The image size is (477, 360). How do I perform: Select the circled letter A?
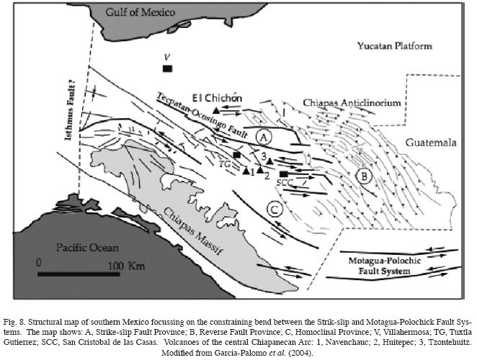[264, 136]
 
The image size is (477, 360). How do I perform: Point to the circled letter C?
[273, 210]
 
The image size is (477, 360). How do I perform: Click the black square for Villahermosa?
[167, 68]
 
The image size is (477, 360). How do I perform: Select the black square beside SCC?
[283, 174]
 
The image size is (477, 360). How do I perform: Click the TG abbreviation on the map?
[224, 164]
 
